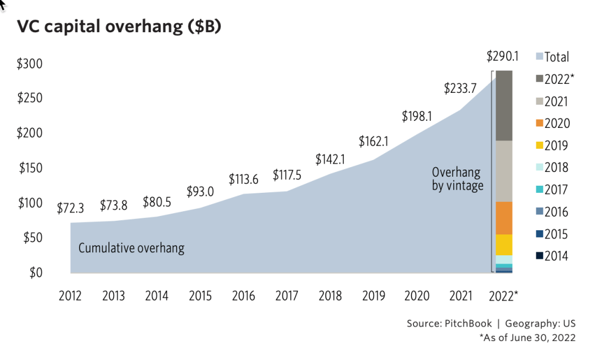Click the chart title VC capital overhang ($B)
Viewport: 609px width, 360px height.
coord(119,27)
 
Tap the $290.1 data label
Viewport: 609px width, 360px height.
coord(503,57)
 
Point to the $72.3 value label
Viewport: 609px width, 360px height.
coord(71,208)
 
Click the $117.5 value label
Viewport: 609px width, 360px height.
coord(288,176)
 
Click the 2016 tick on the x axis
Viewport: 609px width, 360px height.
coord(243,296)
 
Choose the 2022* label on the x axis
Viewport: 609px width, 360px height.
coord(503,296)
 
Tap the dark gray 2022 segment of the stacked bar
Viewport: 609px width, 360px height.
coord(504,105)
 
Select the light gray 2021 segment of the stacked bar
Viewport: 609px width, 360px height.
coord(504,171)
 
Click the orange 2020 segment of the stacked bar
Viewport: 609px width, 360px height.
coord(504,218)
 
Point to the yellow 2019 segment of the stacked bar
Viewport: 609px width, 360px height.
coord(504,245)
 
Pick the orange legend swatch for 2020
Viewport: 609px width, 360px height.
coord(539,124)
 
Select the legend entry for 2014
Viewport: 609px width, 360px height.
coord(552,256)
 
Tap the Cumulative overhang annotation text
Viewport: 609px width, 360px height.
coord(131,248)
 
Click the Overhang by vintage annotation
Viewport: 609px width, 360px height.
coord(457,179)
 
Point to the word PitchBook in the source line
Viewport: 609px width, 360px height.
coord(467,324)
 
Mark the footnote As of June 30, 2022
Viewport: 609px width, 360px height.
coord(528,338)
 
